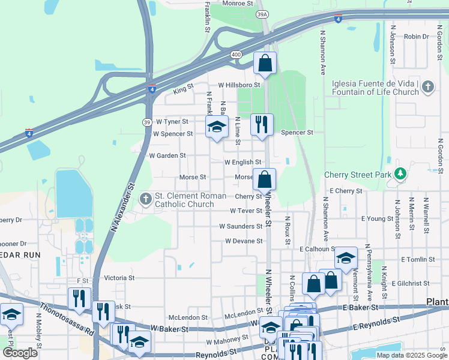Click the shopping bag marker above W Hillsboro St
pyautogui.click(x=265, y=63)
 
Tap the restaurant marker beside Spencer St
pyautogui.click(x=261, y=124)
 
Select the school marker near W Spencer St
pyautogui.click(x=217, y=127)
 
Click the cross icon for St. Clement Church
pyautogui.click(x=146, y=199)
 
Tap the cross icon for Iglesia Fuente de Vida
pyautogui.click(x=427, y=88)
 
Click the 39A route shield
pyautogui.click(x=262, y=13)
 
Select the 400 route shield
pyautogui.click(x=236, y=55)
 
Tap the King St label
pyautogui.click(x=183, y=89)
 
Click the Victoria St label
pyautogui.click(x=119, y=278)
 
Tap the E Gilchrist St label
pyautogui.click(x=412, y=283)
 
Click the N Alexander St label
pyautogui.click(x=122, y=208)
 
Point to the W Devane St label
pyautogui.click(x=244, y=241)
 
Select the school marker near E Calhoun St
pyautogui.click(x=346, y=257)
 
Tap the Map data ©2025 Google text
pyautogui.click(x=411, y=355)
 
